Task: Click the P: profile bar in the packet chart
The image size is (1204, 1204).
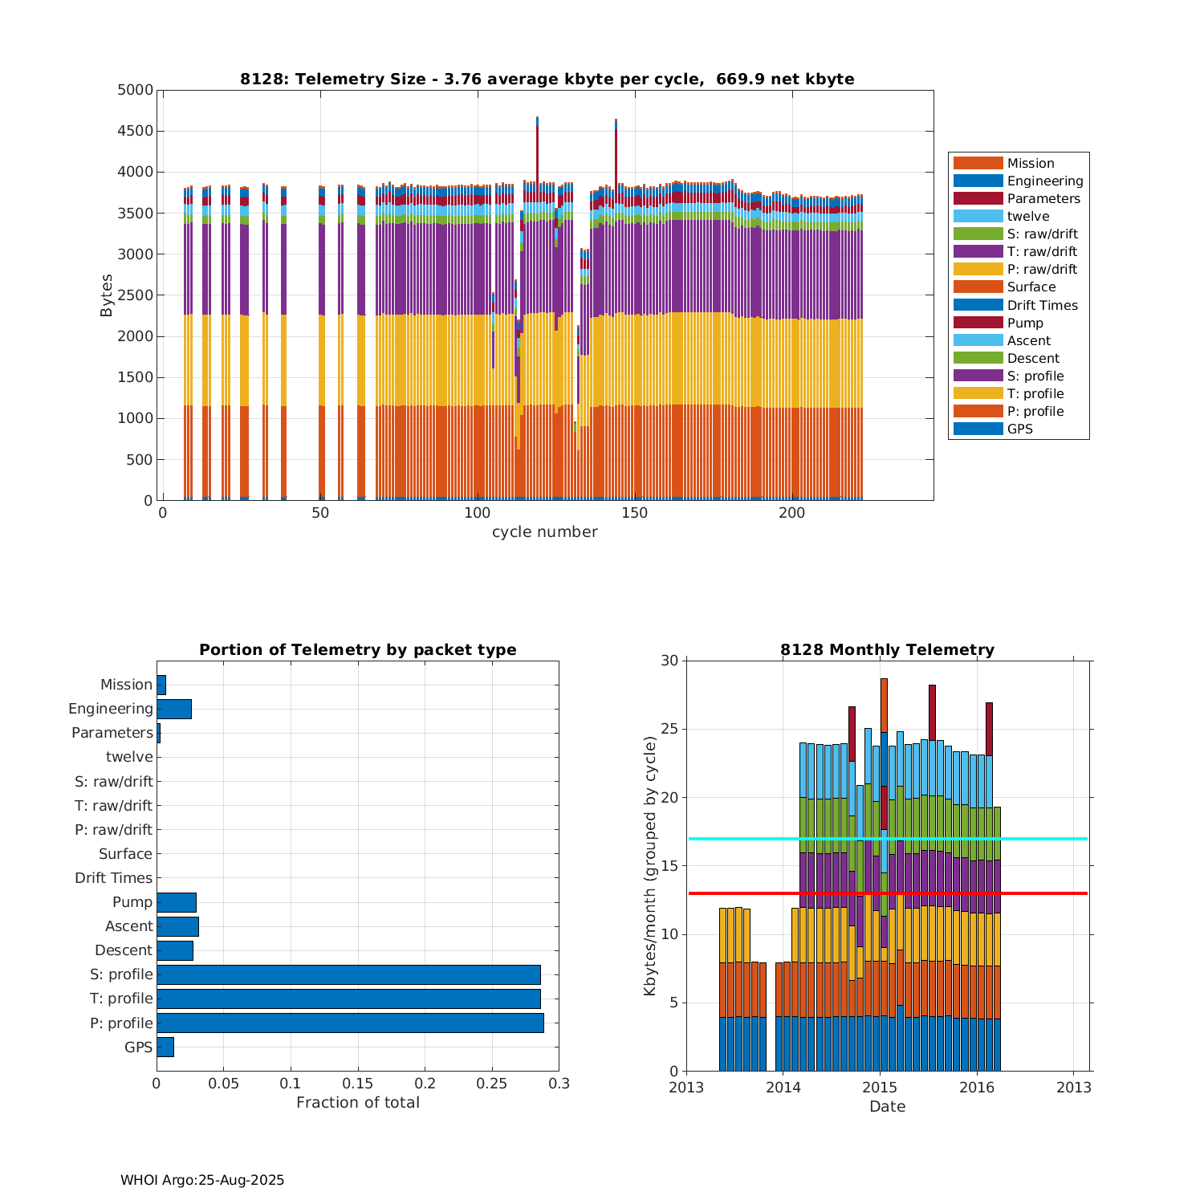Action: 350,1023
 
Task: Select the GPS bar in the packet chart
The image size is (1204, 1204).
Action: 165,1047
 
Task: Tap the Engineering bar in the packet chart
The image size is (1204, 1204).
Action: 173,709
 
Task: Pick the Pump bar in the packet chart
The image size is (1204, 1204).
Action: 176,902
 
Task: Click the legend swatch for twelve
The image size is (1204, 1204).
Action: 978,216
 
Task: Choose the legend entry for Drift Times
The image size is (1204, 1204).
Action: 1042,305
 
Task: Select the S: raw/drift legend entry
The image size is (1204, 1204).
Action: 1042,234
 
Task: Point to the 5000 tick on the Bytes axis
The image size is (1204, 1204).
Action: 135,90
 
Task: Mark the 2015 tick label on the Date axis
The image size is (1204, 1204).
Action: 880,1088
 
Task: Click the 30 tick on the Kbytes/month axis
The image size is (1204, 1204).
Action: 669,661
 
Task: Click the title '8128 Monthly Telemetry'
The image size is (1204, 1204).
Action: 887,650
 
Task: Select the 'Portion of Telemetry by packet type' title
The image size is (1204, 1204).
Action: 357,650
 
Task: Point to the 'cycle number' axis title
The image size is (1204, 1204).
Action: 544,532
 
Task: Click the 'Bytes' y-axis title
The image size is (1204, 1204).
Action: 107,295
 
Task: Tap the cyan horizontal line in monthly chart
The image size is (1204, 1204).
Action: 1043,839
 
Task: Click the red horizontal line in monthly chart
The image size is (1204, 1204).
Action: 1043,893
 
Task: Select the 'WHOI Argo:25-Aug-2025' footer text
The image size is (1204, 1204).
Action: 202,1180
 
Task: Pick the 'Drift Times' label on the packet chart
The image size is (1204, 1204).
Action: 113,878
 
